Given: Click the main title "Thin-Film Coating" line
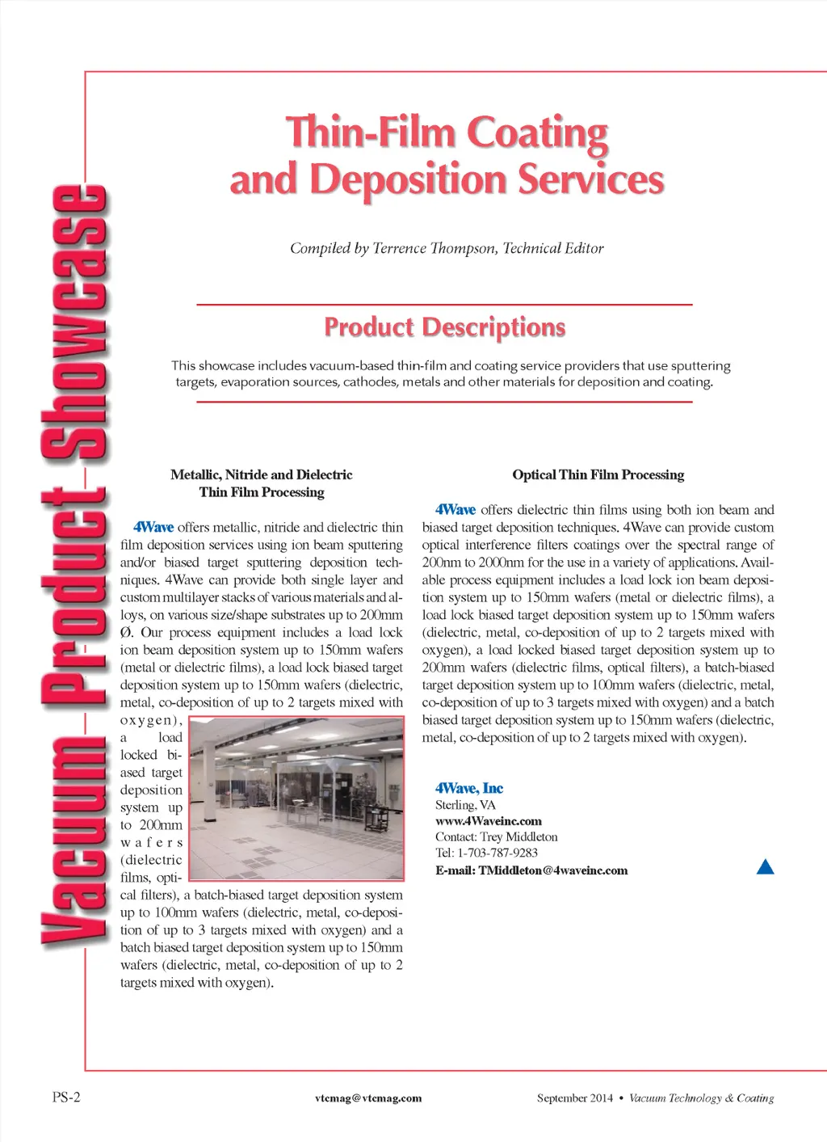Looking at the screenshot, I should pyautogui.click(x=447, y=133).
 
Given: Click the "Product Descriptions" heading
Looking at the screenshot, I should pyautogui.click(x=444, y=327).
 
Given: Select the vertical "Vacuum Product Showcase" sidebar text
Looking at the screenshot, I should pyautogui.click(x=74, y=566).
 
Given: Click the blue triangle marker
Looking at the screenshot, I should pyautogui.click(x=766, y=867).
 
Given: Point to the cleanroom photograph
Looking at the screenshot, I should pyautogui.click(x=296, y=799).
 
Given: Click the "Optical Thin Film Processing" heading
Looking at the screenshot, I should pyautogui.click(x=598, y=474).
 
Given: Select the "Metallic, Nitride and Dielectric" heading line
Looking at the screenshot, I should pyautogui.click(x=261, y=474).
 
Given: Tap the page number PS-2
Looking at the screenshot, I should pyautogui.click(x=66, y=1097).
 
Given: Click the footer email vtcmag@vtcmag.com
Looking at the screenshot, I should pyautogui.click(x=368, y=1098).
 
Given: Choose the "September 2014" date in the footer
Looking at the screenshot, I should pyautogui.click(x=574, y=1098).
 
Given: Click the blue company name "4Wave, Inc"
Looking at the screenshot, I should pyautogui.click(x=469, y=788).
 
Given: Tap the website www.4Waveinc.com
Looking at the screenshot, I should pyautogui.click(x=488, y=820).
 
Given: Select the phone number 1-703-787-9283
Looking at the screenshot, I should pyautogui.click(x=497, y=853).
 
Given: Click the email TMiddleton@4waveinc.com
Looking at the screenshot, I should pyautogui.click(x=552, y=870).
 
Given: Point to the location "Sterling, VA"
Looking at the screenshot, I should pyautogui.click(x=465, y=804).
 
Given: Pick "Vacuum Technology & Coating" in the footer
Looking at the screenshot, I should pyautogui.click(x=701, y=1098).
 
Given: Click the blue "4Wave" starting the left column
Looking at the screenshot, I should pyautogui.click(x=153, y=527).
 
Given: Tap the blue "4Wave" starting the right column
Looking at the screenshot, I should pyautogui.click(x=455, y=509).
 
